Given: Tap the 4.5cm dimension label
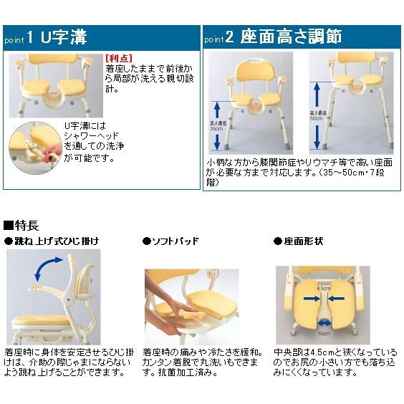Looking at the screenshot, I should [322, 289].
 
